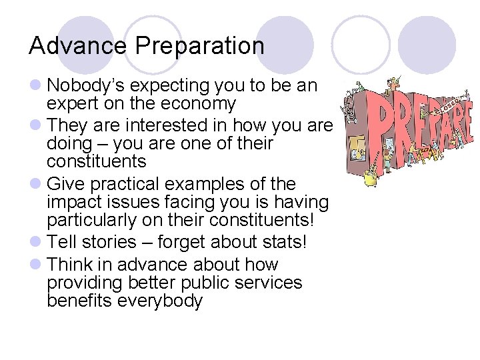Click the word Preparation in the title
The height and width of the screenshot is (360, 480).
(x=200, y=47)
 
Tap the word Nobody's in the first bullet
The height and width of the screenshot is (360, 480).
(x=87, y=86)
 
